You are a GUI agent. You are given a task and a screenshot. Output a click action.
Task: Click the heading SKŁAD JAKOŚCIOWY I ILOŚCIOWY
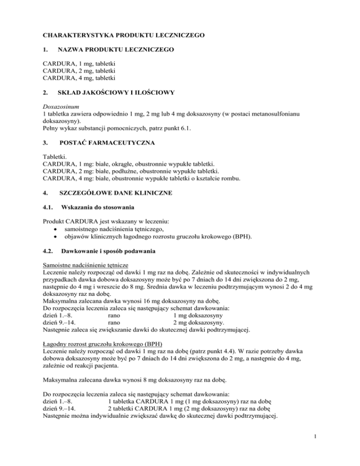click(115, 93)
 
